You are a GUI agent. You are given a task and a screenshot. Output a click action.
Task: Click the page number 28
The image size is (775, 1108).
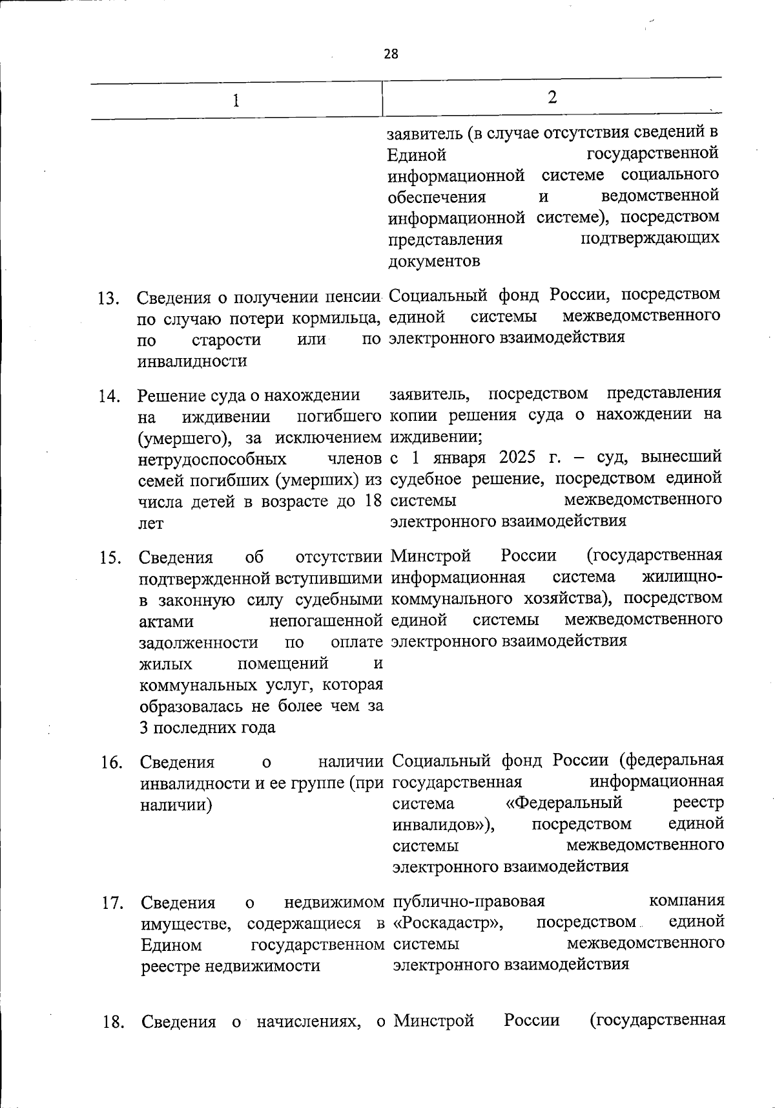coord(391,54)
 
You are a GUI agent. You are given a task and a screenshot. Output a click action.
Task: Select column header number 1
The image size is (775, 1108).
coord(236,101)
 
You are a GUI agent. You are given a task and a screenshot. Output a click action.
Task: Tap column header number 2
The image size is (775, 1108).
coord(552,97)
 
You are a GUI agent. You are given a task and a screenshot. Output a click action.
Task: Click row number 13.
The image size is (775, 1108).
coord(110,299)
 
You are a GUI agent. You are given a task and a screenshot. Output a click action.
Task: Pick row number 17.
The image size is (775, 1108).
coord(113,903)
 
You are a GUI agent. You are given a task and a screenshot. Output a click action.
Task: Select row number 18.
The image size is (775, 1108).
coord(114,1022)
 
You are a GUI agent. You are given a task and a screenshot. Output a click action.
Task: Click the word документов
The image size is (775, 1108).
coord(434,261)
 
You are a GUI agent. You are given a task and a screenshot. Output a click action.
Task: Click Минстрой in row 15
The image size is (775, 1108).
coord(431,555)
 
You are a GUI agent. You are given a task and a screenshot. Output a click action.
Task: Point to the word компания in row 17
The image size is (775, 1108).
coord(687,900)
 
